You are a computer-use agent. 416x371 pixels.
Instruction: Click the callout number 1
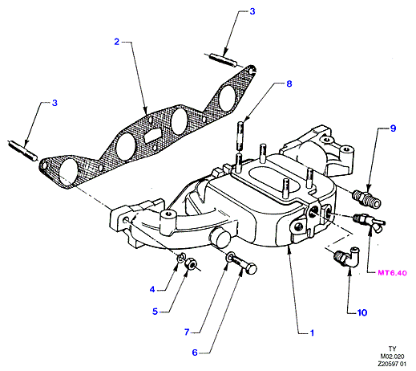(312, 332)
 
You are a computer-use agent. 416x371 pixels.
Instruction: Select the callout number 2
(116, 42)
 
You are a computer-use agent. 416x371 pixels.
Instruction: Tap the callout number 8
(289, 84)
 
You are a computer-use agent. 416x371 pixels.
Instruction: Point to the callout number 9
(393, 128)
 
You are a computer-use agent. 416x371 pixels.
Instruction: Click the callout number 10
(362, 312)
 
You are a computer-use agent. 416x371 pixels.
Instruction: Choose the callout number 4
(152, 289)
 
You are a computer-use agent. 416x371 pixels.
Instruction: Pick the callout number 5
(155, 312)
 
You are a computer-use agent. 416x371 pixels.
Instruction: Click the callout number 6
(195, 353)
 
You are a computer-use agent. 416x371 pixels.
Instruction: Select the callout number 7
(187, 332)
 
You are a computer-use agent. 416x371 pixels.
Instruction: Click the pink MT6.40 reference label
(392, 273)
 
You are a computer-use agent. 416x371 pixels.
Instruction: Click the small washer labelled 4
(181, 257)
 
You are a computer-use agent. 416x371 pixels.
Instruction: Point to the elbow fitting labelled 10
(346, 258)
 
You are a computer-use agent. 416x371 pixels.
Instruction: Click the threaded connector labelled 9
(366, 198)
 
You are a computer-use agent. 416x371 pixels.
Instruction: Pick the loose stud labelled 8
(240, 136)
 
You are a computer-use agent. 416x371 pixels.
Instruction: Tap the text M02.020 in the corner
(392, 357)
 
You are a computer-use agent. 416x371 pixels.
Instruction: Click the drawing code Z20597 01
(392, 364)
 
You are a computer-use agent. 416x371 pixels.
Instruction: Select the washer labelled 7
(230, 257)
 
